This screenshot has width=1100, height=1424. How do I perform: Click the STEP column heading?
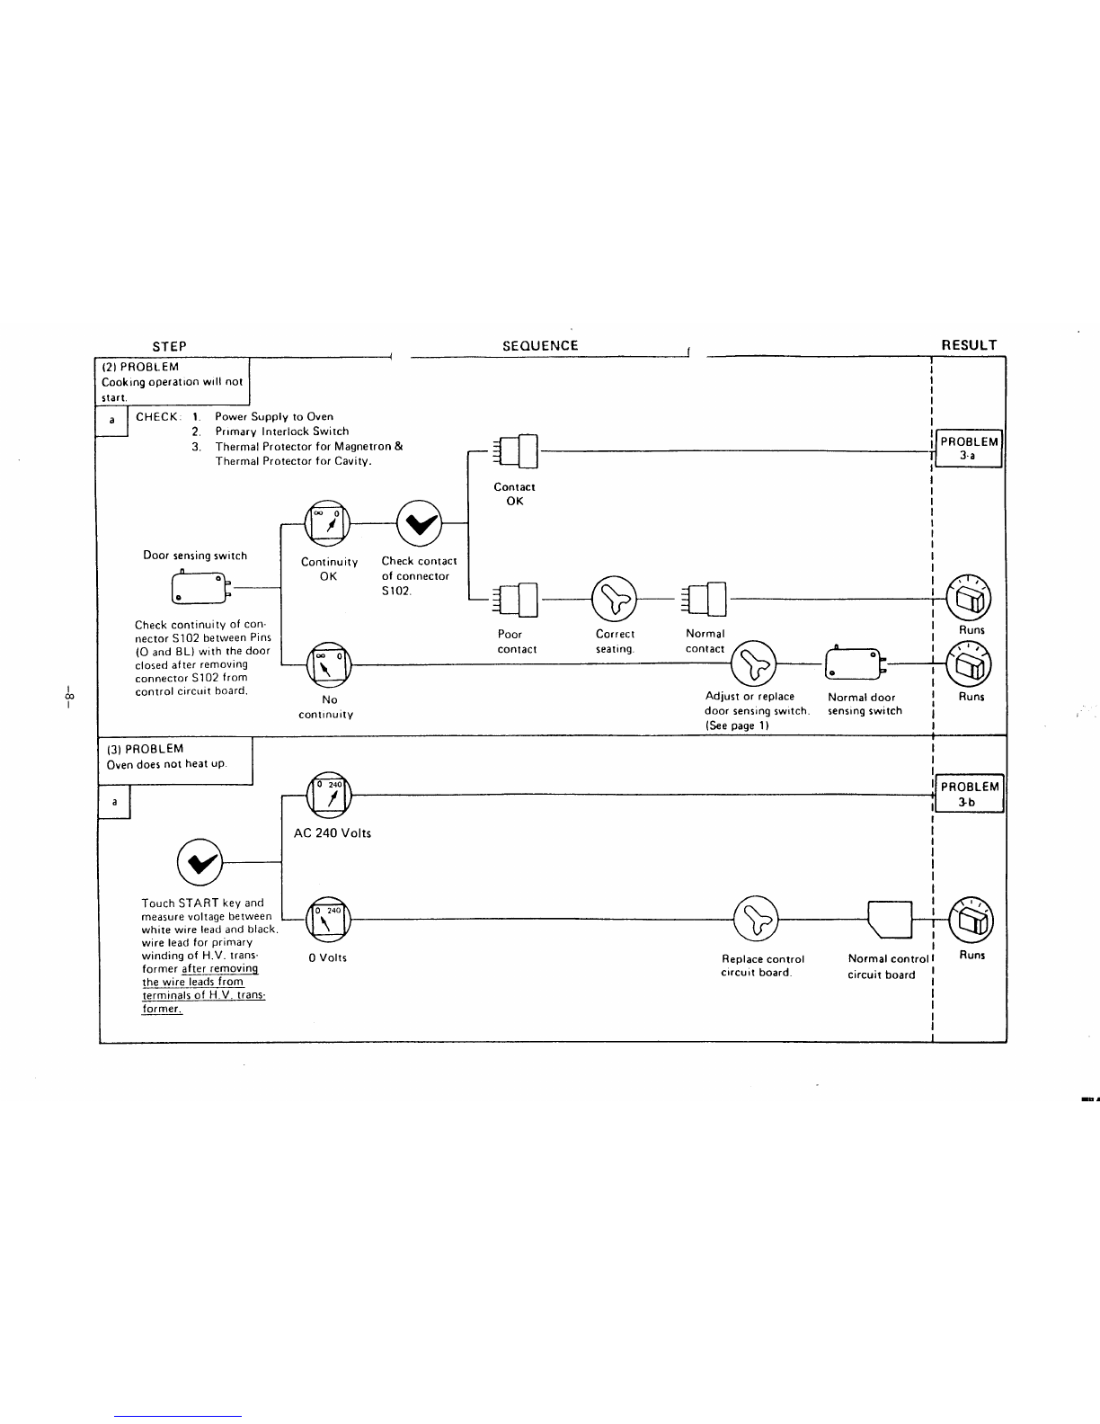click(169, 346)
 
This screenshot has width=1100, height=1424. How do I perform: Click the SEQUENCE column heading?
click(540, 345)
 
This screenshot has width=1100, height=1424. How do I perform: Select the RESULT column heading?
click(969, 344)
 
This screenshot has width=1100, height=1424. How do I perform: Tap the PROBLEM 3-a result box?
click(968, 449)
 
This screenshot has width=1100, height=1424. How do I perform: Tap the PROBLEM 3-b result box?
click(969, 793)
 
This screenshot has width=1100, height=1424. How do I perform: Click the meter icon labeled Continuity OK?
click(327, 523)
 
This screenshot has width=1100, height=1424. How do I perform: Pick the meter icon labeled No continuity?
click(329, 664)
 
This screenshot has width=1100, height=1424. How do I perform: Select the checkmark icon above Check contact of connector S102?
click(420, 523)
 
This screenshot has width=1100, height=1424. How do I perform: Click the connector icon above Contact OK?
click(516, 451)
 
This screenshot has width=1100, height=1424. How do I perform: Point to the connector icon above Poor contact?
click(516, 599)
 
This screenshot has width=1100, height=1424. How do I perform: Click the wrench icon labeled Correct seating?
click(614, 599)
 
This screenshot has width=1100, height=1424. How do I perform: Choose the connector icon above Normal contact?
click(704, 599)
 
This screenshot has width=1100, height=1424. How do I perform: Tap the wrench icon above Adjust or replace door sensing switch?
click(753, 663)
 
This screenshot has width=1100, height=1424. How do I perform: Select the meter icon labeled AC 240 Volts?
click(329, 795)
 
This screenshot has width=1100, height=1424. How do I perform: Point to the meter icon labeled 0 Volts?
click(328, 919)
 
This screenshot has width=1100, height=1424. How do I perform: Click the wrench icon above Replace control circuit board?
click(756, 918)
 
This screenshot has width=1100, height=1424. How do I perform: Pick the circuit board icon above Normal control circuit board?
click(890, 920)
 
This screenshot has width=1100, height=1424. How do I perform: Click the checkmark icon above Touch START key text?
click(200, 862)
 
